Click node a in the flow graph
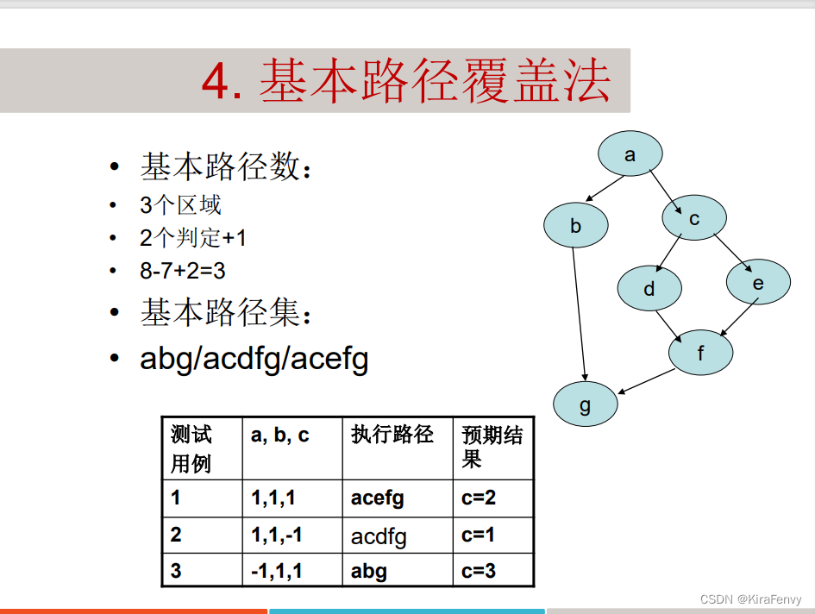pos(630,154)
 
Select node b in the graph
pos(575,227)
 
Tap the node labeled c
pos(694,218)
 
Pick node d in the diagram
pos(649,289)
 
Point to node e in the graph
pos(758,283)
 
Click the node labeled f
pos(700,353)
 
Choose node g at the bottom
pos(586,404)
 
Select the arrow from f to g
pos(646,382)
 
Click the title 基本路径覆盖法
pos(405,83)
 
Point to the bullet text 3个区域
pos(180,205)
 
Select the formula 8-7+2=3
pos(183,270)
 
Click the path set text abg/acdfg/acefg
pos(254,358)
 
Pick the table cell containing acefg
pos(378,498)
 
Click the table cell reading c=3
pos(479,570)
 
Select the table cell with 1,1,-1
pos(277,535)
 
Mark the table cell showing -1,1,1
pos(277,570)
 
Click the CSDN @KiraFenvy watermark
pos(750,599)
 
